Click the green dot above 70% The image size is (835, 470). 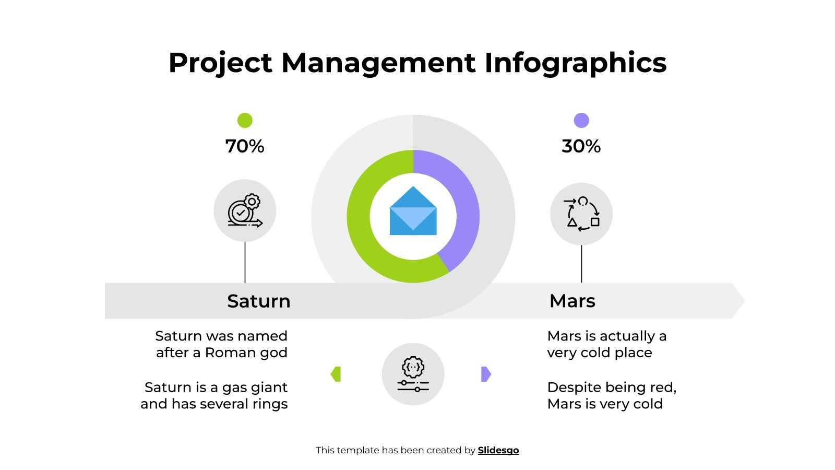point(245,121)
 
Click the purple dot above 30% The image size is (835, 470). point(581,121)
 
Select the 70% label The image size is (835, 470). point(245,146)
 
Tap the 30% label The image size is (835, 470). point(581,146)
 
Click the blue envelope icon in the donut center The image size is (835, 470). point(413,211)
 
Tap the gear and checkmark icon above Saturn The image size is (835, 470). point(245,211)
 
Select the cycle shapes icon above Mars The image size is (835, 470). point(581,214)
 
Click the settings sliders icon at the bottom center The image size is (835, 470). point(413,374)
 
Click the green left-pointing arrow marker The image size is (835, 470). point(336,374)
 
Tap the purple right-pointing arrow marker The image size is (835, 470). point(485,374)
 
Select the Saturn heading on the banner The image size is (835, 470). point(259,301)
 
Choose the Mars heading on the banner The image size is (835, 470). point(572,301)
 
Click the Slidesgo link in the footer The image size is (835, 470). point(498,450)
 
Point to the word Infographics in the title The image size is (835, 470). point(575,63)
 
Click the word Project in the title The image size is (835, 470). point(220,63)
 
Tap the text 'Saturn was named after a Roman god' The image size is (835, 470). point(221,344)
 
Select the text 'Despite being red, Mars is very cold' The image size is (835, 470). point(612,395)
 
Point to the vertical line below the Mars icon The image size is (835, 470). point(581,264)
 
